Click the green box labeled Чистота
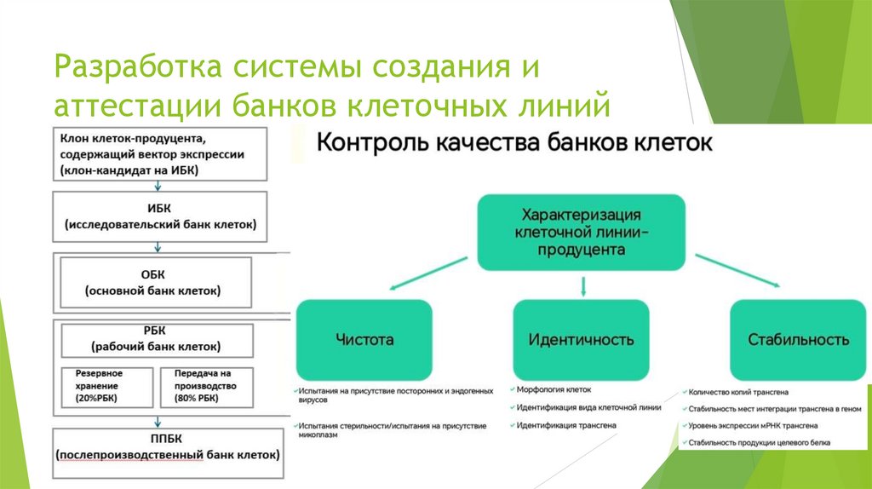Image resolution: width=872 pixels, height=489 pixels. tap(364, 338)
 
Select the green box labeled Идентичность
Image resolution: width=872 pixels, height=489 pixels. tap(581, 338)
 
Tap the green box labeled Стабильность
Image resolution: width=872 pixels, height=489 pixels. tap(798, 338)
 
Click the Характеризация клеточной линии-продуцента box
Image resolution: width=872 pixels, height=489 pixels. tap(581, 231)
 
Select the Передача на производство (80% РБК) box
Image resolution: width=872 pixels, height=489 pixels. tap(205, 385)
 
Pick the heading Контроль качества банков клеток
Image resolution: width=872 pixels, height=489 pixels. tap(513, 142)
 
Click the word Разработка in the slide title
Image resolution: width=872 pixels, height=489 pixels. tap(133, 67)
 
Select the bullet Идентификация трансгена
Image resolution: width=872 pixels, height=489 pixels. tap(565, 423)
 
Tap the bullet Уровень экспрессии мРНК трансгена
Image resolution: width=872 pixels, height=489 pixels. tap(754, 424)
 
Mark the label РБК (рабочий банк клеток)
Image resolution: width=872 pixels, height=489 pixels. tap(156, 339)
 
